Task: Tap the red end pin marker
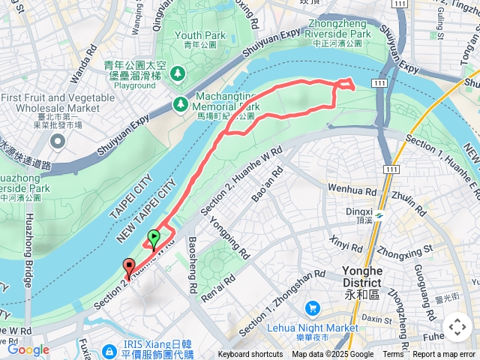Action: coord(128,266)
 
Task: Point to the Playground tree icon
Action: coord(178,73)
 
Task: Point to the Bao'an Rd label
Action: coord(269,184)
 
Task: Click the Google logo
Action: coord(28,349)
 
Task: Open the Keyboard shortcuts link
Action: coord(250,355)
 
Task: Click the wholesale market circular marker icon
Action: coord(58,137)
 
